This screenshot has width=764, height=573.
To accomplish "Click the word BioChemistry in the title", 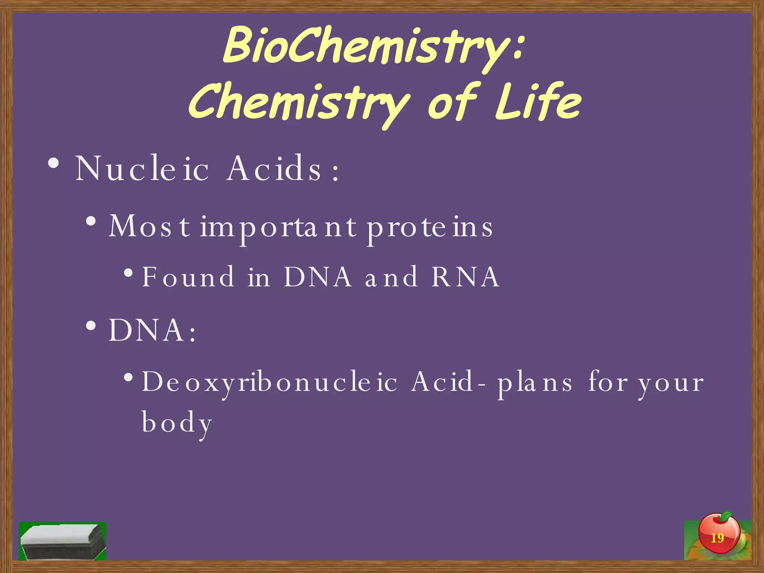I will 366,47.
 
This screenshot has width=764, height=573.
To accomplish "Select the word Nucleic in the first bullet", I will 142,169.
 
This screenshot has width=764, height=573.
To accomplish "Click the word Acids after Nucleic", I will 274,169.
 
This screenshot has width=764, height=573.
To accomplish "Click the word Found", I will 188,277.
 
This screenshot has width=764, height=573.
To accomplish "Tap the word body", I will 177,423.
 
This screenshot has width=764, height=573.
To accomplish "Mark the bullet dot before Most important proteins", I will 91,222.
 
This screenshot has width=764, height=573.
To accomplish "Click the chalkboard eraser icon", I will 63,541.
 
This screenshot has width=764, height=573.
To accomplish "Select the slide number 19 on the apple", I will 717,538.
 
